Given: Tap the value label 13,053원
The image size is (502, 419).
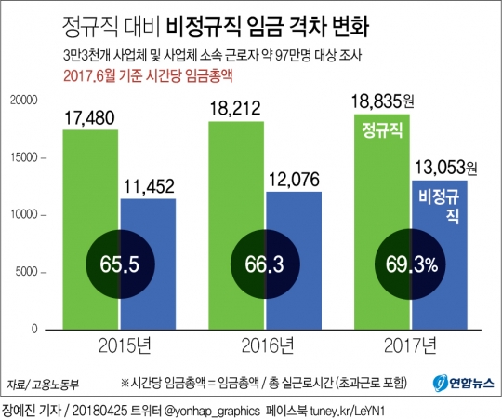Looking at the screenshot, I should coord(444,168).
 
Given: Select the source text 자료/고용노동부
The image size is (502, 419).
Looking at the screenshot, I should coord(44,384).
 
